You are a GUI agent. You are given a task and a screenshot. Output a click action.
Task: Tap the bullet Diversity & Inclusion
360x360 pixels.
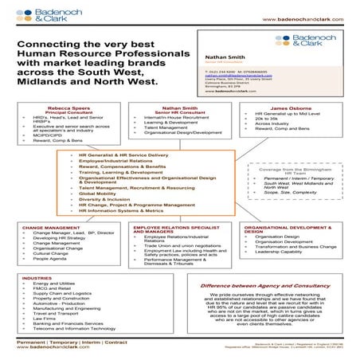click(x=105, y=199)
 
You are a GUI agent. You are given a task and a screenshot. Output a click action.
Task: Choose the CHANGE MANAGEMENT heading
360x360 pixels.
click(x=50, y=227)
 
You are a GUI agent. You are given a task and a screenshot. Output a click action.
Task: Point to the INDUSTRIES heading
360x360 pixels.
click(x=37, y=277)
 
